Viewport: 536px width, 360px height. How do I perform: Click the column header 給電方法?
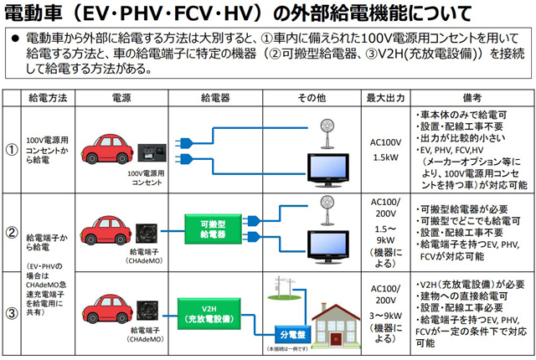point(47,98)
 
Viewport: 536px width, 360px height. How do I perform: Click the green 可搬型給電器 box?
point(213,230)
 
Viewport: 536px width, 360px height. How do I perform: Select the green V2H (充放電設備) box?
point(213,312)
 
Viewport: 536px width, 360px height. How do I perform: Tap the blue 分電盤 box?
point(291,333)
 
